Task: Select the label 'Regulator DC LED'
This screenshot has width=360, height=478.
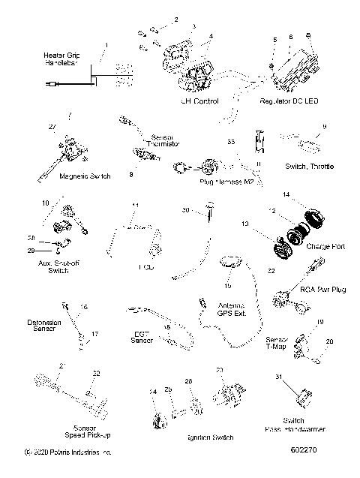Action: click(x=289, y=101)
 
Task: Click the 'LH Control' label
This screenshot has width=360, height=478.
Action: click(x=199, y=101)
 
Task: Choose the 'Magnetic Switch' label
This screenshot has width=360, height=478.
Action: click(x=85, y=176)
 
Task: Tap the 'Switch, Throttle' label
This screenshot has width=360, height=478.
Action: click(x=309, y=166)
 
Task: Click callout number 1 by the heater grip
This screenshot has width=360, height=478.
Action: click(x=106, y=47)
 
